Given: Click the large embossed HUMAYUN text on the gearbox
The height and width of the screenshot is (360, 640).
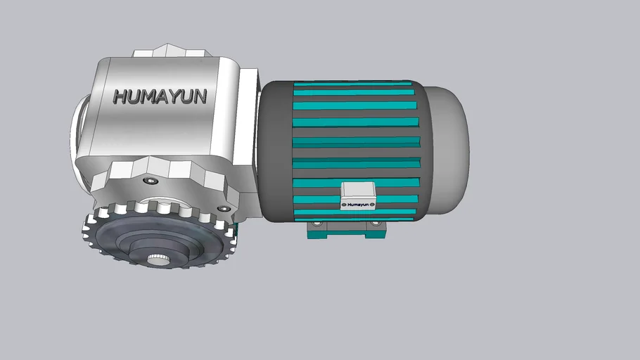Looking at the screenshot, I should (x=160, y=96).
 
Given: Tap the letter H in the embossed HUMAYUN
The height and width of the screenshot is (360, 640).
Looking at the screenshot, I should (x=120, y=96).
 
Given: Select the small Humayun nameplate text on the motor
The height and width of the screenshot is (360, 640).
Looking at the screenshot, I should (x=359, y=205).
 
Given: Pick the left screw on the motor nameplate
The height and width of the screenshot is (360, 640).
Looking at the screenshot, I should (x=345, y=205).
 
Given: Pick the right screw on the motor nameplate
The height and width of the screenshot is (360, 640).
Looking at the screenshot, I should (x=373, y=205).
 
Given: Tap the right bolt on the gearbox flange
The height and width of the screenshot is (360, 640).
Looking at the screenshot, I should (x=224, y=208).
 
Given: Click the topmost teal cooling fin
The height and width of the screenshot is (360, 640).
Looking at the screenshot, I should (x=352, y=84).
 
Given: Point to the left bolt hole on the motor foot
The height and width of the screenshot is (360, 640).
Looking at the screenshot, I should (x=316, y=224).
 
